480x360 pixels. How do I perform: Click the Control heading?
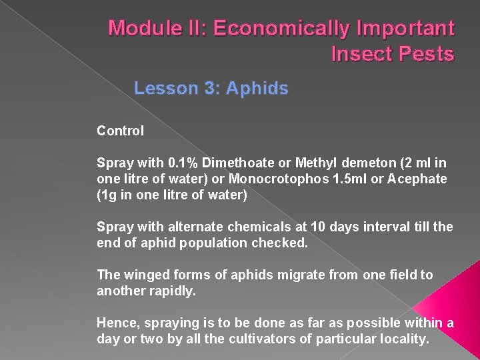120,131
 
